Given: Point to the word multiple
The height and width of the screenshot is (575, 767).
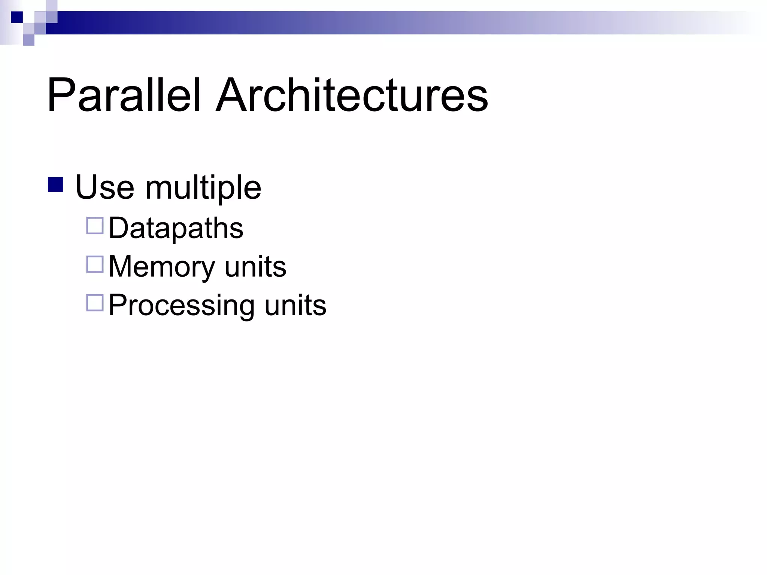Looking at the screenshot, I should pyautogui.click(x=203, y=188).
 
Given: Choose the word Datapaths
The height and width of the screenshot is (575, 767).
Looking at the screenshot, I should pyautogui.click(x=176, y=228).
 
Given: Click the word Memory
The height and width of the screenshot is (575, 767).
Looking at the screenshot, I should pyautogui.click(x=161, y=267).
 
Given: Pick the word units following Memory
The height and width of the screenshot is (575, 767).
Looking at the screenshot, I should pyautogui.click(x=255, y=267).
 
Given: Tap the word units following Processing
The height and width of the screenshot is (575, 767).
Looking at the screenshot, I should pyautogui.click(x=295, y=305).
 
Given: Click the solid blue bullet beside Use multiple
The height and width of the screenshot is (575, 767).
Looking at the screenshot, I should pyautogui.click(x=55, y=185).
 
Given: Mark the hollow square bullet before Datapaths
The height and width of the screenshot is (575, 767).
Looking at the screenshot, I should pyautogui.click(x=95, y=226).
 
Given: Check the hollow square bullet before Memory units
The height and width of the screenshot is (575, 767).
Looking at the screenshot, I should pyautogui.click(x=95, y=264).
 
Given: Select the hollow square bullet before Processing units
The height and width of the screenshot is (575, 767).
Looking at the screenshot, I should pyautogui.click(x=95, y=303).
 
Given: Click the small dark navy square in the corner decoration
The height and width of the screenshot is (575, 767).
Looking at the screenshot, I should pyautogui.click(x=17, y=17).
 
